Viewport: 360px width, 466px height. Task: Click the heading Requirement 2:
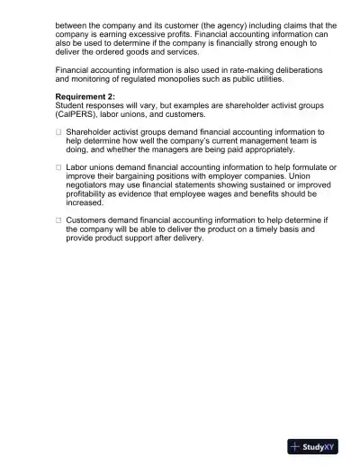88,95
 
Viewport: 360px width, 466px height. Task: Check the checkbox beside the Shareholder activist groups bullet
58,131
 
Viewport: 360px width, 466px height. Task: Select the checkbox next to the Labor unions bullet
58,167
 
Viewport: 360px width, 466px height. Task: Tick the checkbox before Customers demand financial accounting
58,219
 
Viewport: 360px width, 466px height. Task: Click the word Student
71,105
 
